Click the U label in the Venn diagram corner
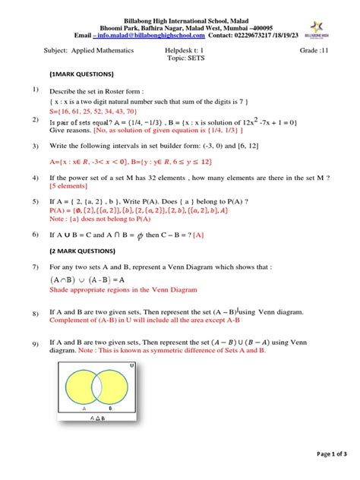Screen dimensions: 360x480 (131, 365)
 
